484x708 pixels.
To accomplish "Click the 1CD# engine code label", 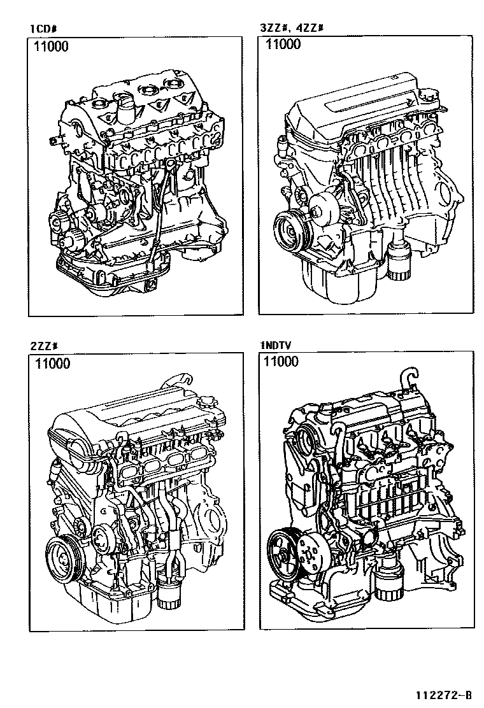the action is [43, 29].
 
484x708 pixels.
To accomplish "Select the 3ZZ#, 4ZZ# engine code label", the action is [292, 28].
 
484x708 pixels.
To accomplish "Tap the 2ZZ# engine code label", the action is [44, 346].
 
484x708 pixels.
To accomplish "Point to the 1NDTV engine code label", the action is [276, 346].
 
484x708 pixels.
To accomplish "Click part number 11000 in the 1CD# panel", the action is [52, 46].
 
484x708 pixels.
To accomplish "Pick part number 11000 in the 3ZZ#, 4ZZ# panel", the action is [283, 44].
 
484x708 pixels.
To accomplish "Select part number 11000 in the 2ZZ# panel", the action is [53, 364].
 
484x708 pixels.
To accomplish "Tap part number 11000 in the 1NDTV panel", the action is [281, 361].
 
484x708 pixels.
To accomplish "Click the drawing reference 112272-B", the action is [444, 695].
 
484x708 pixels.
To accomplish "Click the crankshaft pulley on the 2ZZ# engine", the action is [64, 560].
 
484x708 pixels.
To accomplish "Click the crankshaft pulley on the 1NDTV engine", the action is [285, 553].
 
